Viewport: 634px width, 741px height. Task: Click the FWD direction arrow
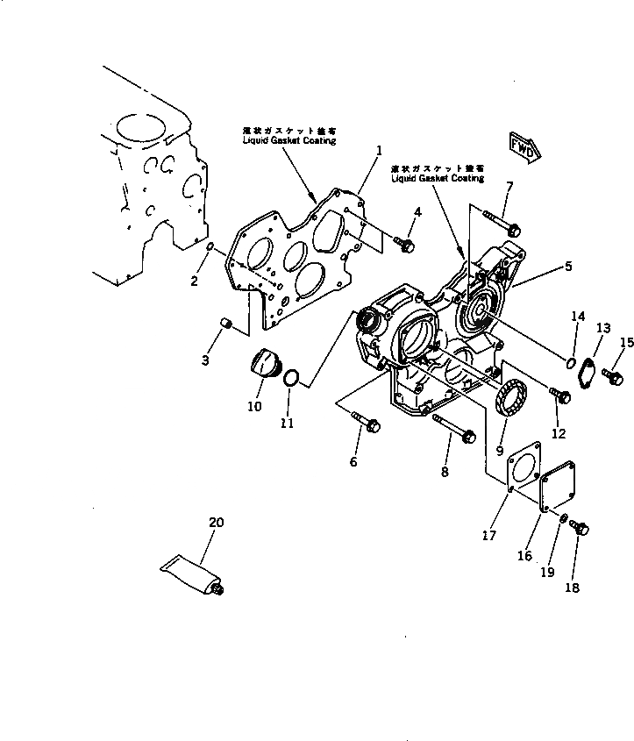click(x=524, y=145)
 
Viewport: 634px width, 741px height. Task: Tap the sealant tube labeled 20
click(x=190, y=576)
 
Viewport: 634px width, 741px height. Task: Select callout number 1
click(x=379, y=150)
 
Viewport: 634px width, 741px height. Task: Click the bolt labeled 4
click(x=405, y=245)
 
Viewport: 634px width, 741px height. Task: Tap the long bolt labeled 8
click(x=453, y=430)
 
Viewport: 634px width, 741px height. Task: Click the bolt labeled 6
click(x=365, y=422)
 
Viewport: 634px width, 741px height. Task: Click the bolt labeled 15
click(x=616, y=375)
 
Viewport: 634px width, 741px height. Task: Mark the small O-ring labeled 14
click(x=570, y=361)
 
